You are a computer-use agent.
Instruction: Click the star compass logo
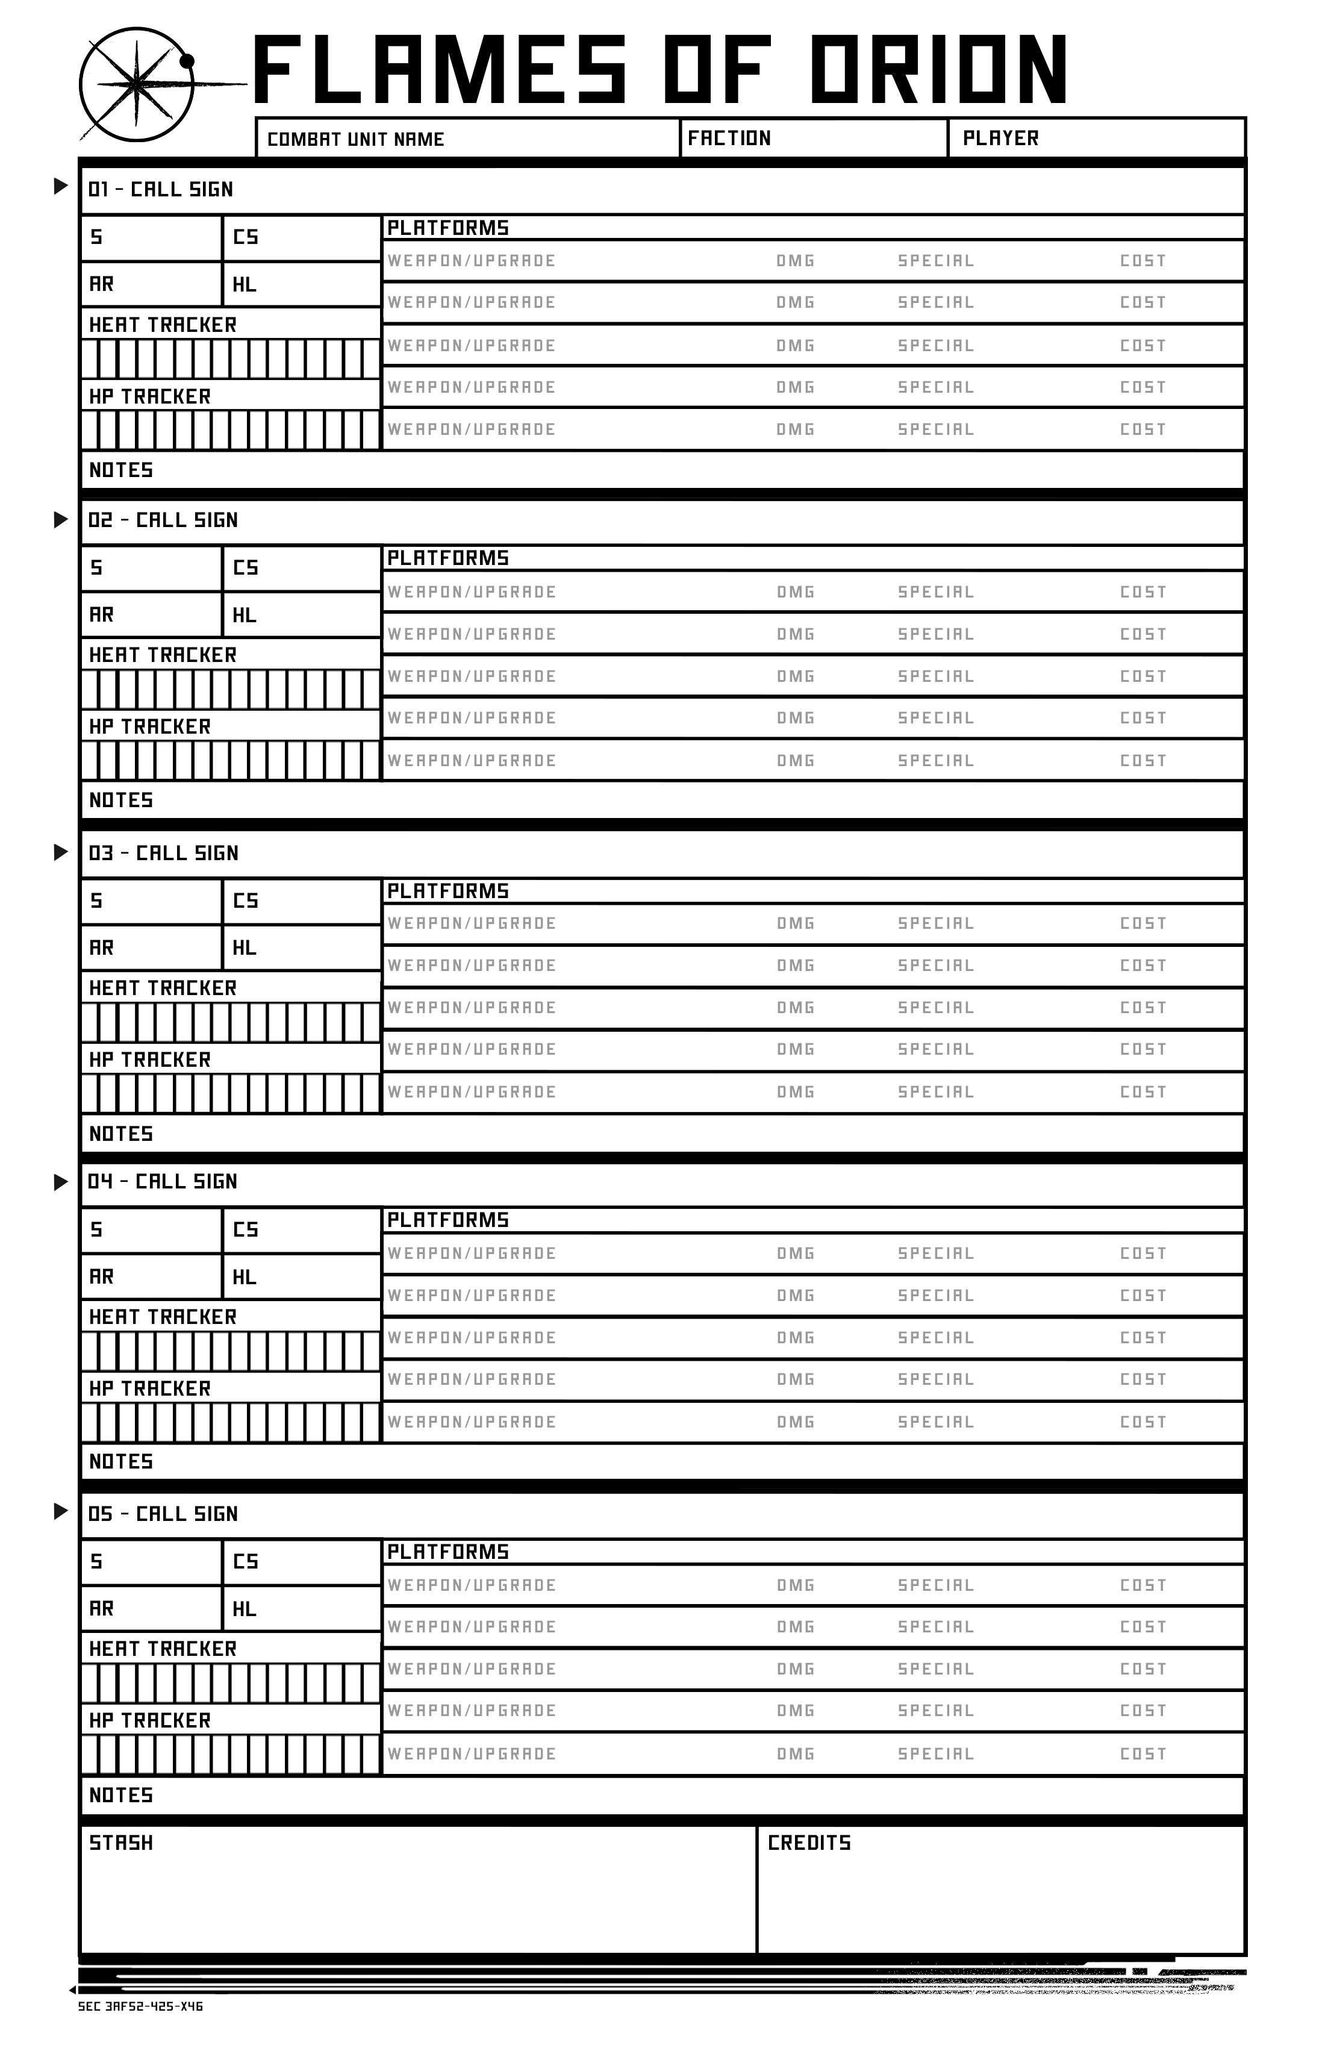(x=137, y=84)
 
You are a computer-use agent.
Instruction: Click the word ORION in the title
(x=938, y=70)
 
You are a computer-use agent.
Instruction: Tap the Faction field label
(x=729, y=139)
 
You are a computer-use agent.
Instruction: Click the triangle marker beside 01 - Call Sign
(x=60, y=186)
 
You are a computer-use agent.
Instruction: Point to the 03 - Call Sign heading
(x=163, y=853)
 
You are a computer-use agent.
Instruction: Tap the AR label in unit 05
(x=102, y=1608)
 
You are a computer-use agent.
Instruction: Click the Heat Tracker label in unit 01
(x=163, y=325)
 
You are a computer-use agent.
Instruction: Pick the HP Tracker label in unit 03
(x=150, y=1060)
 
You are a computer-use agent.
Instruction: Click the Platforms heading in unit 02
(x=447, y=558)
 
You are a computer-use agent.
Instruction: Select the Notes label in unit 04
(x=121, y=1462)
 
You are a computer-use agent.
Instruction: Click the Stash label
(x=121, y=1843)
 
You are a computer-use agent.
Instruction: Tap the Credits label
(x=809, y=1843)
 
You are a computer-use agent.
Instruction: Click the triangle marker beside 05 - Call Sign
(x=60, y=1511)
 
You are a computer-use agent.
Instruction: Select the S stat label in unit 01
(x=96, y=237)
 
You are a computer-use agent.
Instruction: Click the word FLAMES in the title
(x=440, y=70)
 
